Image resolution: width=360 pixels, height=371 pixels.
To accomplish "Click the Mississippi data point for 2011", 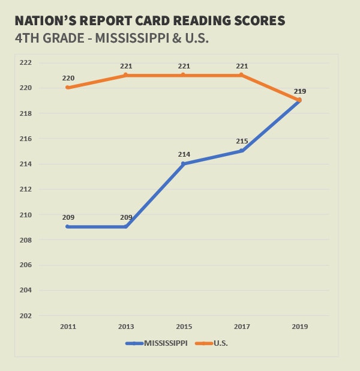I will coord(68,226).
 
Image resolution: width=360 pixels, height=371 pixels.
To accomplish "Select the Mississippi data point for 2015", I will coord(184,163).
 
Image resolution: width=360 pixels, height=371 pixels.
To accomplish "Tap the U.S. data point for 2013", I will coord(125,75).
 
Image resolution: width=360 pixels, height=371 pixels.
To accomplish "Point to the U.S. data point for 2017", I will coord(241,75).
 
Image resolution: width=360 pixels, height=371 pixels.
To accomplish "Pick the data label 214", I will coord(184,154).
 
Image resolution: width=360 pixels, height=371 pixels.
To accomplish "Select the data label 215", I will coord(241,141).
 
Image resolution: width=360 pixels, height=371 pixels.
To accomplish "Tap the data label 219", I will coord(300,91).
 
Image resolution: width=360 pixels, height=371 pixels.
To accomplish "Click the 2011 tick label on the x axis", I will coord(67,327).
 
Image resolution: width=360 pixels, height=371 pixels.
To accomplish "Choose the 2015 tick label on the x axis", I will coord(184,327).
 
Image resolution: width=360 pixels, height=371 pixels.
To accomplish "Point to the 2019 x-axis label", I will coord(299,327).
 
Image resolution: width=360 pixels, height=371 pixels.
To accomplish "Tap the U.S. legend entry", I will coord(220,343).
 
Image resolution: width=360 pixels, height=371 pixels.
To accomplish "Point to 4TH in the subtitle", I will coord(28,37).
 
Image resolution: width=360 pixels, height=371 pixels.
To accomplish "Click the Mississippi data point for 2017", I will coord(241,151).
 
